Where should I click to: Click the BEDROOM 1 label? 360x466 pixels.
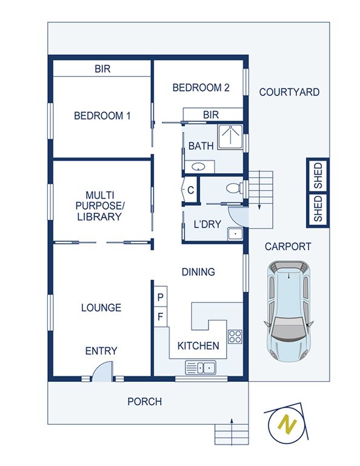(x=102, y=115)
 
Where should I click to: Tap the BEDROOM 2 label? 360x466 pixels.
(x=201, y=88)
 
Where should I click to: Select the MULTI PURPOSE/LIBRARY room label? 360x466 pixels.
(x=104, y=205)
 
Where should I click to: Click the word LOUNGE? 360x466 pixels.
(x=101, y=307)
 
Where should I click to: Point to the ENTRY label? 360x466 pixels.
(x=101, y=351)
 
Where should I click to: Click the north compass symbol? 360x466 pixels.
(x=287, y=424)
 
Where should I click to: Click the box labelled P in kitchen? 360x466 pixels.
(x=161, y=297)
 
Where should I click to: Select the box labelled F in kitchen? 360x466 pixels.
(x=161, y=316)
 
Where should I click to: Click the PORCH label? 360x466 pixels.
(x=144, y=401)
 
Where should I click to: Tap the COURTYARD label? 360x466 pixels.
(x=289, y=92)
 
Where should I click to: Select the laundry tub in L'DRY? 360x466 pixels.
(x=235, y=233)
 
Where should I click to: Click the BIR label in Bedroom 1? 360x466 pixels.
(x=102, y=69)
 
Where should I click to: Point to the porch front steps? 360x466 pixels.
(x=232, y=434)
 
